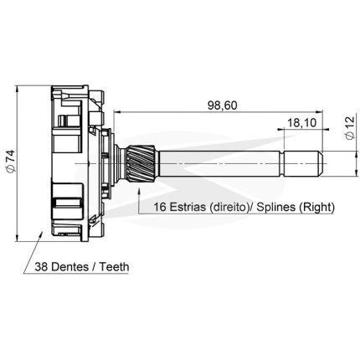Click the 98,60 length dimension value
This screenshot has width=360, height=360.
223,105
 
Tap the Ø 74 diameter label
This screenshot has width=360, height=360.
11,160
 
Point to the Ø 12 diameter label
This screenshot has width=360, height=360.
350,127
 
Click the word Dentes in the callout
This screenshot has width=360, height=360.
70,267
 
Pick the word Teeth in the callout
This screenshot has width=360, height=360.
115,267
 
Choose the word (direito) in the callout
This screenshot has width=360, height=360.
229,208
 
